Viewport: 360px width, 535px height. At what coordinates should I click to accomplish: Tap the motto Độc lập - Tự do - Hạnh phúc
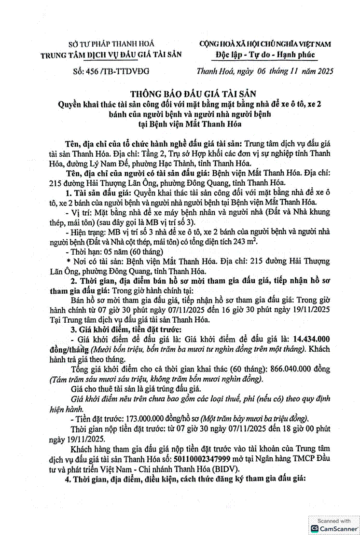(265, 55)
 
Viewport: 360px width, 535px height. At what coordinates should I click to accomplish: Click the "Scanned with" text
(333, 521)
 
